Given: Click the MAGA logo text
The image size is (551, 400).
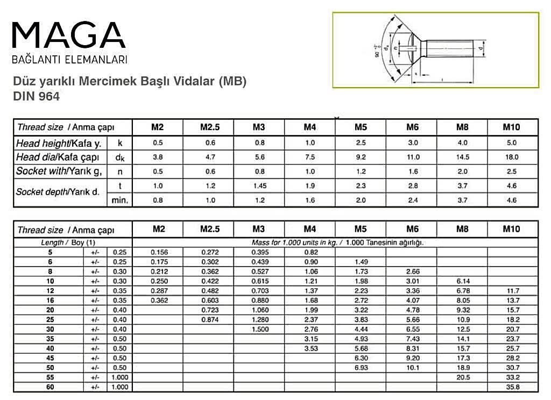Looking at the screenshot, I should click(69, 35).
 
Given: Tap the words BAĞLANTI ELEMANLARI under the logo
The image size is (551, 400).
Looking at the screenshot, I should click(69, 59).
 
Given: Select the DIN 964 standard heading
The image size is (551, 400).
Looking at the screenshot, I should click(37, 97).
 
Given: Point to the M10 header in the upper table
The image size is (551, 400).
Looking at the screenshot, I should click(512, 127).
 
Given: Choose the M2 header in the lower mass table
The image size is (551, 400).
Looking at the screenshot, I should click(158, 229).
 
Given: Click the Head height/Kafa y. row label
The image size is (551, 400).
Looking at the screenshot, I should click(59, 143).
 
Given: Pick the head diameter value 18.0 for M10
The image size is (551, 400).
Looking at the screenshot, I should click(512, 158).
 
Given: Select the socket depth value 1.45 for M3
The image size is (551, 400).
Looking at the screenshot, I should click(259, 186).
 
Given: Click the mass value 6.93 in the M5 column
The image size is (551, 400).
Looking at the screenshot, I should click(361, 368).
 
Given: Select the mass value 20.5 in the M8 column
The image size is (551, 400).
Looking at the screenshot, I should click(463, 377).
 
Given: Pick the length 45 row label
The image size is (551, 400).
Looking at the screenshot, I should click(51, 358).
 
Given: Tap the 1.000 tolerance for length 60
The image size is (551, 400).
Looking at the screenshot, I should click(119, 387).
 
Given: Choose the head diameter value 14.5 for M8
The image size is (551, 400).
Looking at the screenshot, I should click(463, 158).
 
